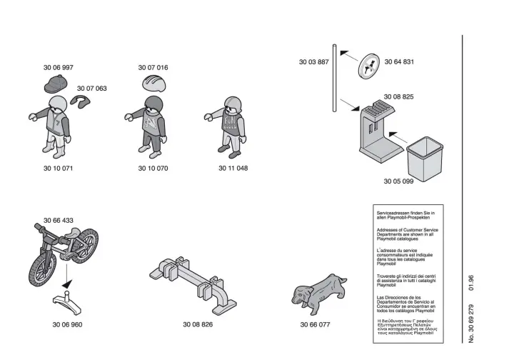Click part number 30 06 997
point(59,67)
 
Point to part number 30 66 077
point(316,324)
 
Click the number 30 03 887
point(313,62)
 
